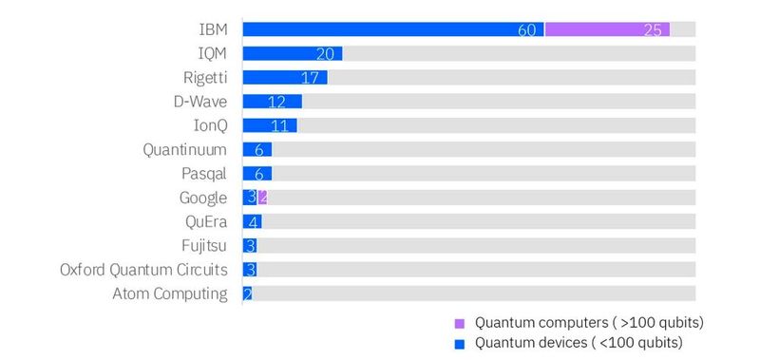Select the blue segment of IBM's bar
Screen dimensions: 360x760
(392, 29)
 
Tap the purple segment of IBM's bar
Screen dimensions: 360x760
(606, 29)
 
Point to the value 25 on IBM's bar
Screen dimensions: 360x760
(653, 30)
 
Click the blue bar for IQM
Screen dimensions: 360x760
(292, 53)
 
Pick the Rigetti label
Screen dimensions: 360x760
(205, 77)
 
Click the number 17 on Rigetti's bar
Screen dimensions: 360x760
(309, 78)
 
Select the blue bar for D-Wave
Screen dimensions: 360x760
(272, 102)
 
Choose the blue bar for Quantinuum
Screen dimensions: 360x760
(256, 150)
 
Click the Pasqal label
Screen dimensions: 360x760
(204, 174)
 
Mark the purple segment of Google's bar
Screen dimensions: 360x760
(262, 198)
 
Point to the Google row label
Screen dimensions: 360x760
(203, 198)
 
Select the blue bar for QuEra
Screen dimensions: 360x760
(252, 222)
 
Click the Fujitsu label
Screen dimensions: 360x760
(205, 246)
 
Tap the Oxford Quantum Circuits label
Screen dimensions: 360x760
(143, 270)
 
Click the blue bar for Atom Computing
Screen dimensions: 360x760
(247, 294)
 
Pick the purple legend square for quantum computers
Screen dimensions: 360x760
(460, 322)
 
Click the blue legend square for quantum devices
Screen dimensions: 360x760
(460, 343)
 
